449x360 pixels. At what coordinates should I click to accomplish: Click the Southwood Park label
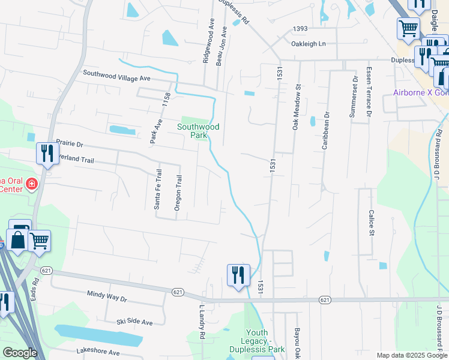pyautogui.click(x=197, y=131)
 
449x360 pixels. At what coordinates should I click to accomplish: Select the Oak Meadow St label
pyautogui.click(x=296, y=107)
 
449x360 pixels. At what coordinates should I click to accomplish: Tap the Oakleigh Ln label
pyautogui.click(x=309, y=44)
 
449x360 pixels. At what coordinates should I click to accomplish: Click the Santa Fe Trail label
pyautogui.click(x=158, y=188)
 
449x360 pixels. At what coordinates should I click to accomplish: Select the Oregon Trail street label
pyautogui.click(x=178, y=193)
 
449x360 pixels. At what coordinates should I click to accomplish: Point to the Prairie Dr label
pyautogui.click(x=70, y=144)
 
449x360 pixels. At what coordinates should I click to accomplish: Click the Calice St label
pyautogui.click(x=372, y=223)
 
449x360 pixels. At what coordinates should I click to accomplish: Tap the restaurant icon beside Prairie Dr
pyautogui.click(x=46, y=154)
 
